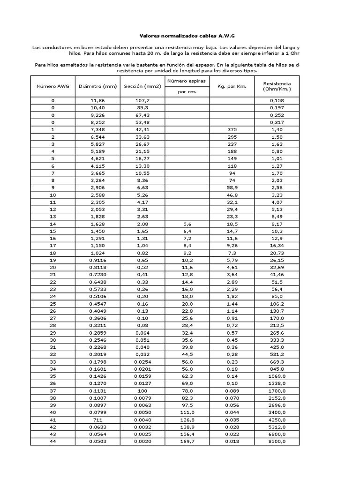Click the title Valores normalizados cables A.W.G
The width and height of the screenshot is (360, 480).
(x=180, y=36)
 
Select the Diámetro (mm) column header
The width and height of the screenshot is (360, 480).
(x=97, y=86)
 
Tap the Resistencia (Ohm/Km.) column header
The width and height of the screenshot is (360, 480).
(x=277, y=86)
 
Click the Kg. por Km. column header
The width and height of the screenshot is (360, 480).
(x=232, y=86)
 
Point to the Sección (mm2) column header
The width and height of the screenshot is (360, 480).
(x=142, y=86)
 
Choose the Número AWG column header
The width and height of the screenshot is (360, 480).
(x=52, y=86)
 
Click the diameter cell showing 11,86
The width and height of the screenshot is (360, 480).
(x=97, y=100)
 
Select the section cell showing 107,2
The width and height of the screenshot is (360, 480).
(x=142, y=100)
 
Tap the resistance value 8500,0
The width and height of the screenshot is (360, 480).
(x=277, y=441)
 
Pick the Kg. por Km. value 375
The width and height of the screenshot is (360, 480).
(x=232, y=129)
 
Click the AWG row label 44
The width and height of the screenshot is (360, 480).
(x=52, y=441)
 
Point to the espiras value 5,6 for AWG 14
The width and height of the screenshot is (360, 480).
(x=187, y=225)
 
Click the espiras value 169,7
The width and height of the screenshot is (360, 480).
(x=187, y=441)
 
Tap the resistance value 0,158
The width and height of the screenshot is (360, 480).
(x=277, y=100)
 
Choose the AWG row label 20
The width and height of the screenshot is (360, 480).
(x=52, y=267)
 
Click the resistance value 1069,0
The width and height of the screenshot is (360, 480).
(x=277, y=375)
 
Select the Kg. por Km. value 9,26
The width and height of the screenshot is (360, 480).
(x=232, y=245)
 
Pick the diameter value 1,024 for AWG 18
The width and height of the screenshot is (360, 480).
(x=97, y=252)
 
